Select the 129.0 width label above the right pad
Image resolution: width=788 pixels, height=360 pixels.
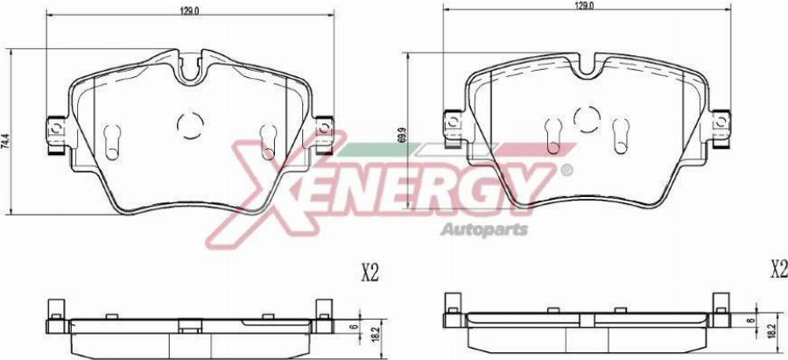(x=584, y=5)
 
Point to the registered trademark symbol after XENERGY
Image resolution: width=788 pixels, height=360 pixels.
(x=566, y=169)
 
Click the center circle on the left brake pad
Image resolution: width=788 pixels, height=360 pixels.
(x=189, y=126)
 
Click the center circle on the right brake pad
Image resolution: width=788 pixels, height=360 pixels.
(x=587, y=119)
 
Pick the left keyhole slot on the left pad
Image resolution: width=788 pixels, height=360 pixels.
(x=112, y=139)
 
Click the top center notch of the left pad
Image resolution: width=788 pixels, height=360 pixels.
(x=190, y=69)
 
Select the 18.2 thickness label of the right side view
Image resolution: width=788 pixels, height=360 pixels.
(x=771, y=330)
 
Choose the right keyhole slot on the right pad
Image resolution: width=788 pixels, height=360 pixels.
(x=623, y=131)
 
